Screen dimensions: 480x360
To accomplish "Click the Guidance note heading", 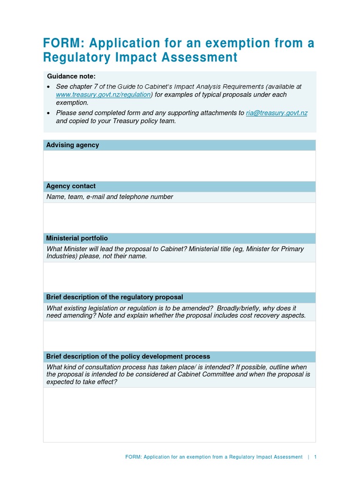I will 71,76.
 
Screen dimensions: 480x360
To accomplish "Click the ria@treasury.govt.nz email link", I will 277,113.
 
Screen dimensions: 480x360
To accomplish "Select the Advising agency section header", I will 73,145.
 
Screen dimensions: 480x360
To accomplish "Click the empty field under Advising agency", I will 179,165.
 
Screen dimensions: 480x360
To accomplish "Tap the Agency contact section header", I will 71,186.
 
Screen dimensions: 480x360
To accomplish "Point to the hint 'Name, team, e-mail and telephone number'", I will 110,197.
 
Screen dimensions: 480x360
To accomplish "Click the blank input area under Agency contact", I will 179,217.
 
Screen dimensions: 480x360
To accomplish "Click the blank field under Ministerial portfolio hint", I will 179,277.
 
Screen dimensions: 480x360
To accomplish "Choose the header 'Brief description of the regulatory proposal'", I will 114,297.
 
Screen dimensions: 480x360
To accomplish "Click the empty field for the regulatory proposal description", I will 179,336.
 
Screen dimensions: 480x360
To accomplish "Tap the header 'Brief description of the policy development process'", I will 128,356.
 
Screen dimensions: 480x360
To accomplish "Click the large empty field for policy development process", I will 179,414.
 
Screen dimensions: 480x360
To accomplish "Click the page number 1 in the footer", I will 315,457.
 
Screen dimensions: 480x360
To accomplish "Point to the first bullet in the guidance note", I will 49,87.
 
